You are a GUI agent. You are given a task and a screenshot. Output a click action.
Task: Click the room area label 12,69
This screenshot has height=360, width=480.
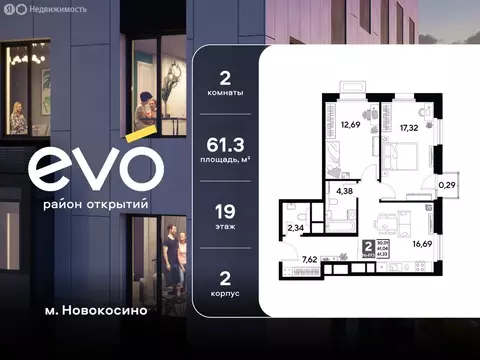(349, 126)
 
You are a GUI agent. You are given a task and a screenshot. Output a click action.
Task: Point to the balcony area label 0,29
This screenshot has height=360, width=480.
(445, 184)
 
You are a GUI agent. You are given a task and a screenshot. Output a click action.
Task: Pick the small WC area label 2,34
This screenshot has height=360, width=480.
(297, 228)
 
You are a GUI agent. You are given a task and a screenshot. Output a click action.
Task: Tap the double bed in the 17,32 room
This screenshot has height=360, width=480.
(404, 157)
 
